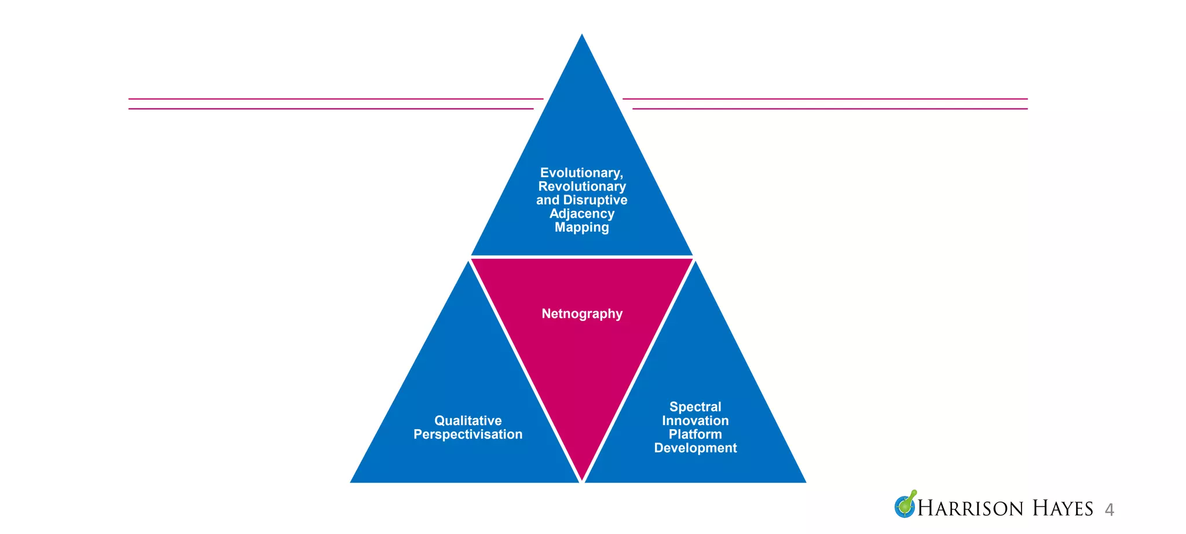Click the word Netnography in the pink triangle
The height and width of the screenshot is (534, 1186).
click(582, 314)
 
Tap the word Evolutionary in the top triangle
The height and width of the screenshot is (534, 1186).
click(581, 173)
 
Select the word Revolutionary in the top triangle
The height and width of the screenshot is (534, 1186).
click(582, 186)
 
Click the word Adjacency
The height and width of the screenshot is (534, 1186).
click(582, 214)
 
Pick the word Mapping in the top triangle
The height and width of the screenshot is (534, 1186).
click(582, 227)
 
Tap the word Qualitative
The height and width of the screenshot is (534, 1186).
click(468, 420)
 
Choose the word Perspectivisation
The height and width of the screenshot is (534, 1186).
click(468, 434)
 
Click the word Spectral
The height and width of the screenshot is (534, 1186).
click(696, 407)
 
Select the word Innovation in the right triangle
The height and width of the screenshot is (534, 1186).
click(696, 420)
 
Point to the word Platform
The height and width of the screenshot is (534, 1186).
click(696, 434)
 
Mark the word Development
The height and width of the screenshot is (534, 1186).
click(696, 448)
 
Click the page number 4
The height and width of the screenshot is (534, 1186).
click(1109, 510)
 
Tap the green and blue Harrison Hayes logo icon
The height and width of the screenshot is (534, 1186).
click(905, 504)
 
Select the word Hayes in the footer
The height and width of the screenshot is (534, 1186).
click(1063, 509)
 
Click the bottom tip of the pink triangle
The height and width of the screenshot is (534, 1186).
click(582, 480)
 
